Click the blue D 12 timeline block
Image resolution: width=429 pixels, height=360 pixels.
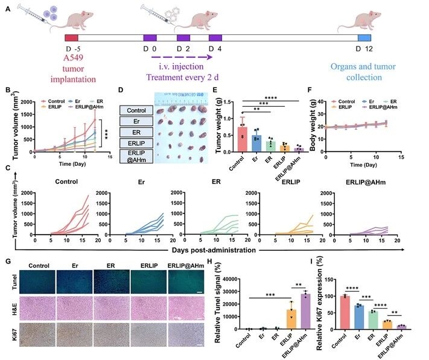coord(364,38)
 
